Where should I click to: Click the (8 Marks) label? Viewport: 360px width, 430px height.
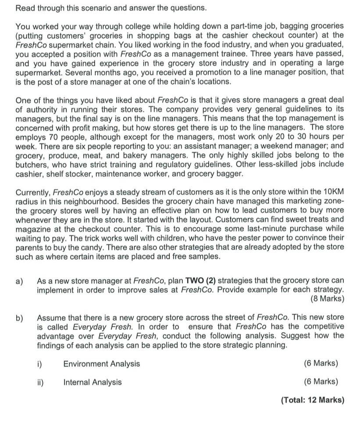(327, 299)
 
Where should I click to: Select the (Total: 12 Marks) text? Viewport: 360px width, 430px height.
(312, 400)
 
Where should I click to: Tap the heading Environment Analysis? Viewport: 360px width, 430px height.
(102, 363)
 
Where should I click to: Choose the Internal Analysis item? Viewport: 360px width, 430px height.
(93, 382)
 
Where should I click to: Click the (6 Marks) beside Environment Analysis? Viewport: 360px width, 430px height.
(321, 363)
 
